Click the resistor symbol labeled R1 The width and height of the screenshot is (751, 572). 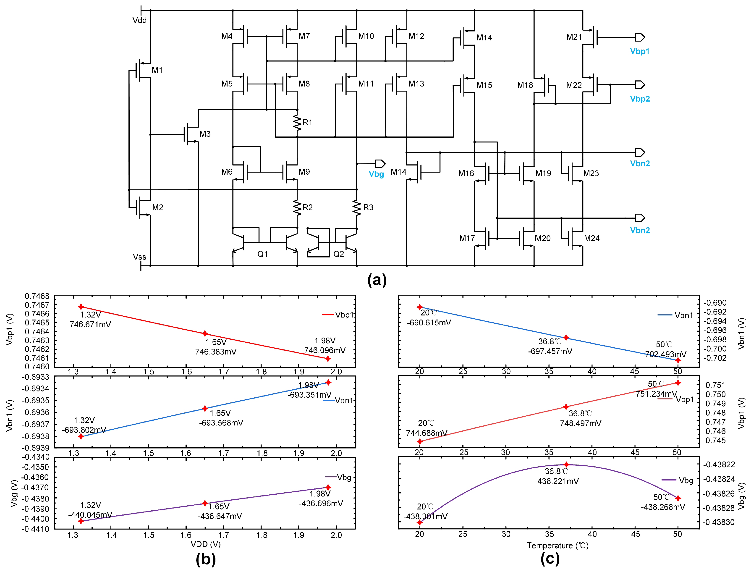[297, 123]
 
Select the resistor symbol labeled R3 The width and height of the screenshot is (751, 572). [356, 208]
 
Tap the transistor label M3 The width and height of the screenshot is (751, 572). [205, 134]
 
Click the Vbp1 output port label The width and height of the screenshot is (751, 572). [639, 51]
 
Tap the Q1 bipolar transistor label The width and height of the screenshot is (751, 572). [262, 254]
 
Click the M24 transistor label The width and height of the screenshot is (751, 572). [592, 238]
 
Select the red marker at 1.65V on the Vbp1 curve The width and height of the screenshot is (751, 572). [205, 333]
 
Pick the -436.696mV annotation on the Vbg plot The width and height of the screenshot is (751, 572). [321, 504]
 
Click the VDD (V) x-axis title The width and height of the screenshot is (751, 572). [206, 544]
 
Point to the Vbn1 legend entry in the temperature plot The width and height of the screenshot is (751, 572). [675, 315]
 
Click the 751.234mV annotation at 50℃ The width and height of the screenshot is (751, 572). [656, 394]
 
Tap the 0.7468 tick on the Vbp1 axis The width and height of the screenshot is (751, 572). [37, 296]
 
